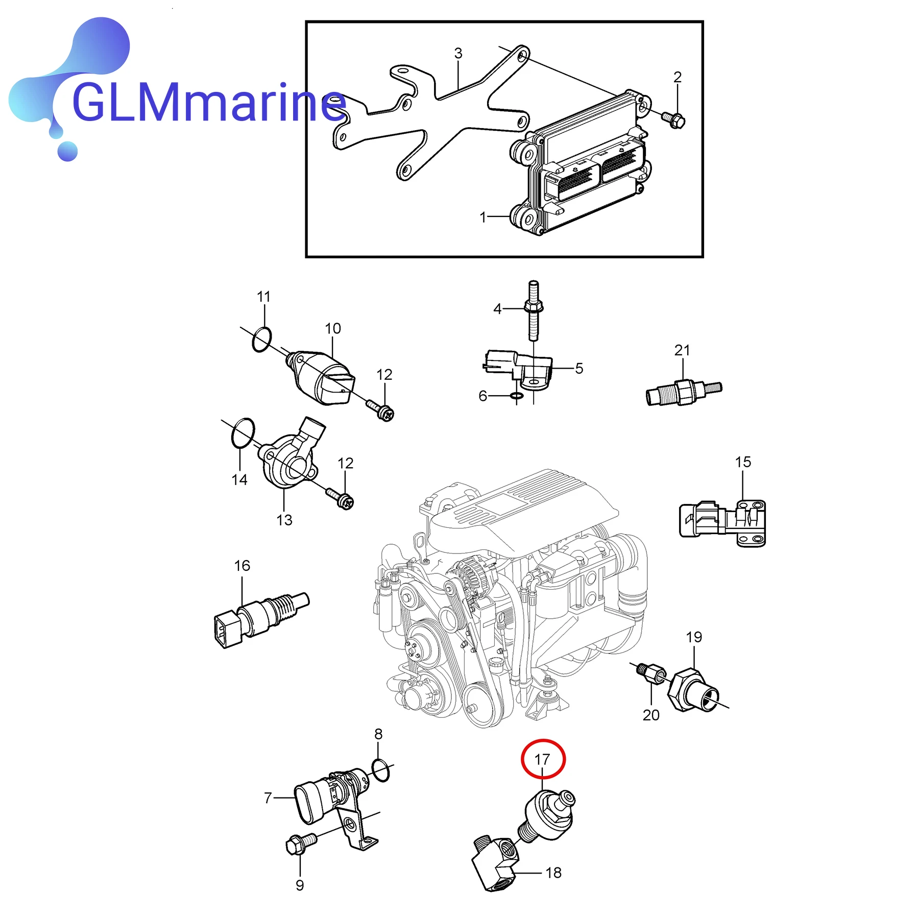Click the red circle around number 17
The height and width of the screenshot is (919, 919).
pos(543,759)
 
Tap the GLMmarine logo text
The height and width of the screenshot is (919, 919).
pos(208,104)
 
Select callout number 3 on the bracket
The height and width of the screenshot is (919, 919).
pos(458,53)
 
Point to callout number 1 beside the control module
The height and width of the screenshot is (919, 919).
pos(482,217)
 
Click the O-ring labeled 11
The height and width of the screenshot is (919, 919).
pos(261,340)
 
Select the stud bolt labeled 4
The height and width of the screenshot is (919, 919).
pos(533,310)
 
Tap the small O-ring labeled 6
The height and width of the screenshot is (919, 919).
pos(516,396)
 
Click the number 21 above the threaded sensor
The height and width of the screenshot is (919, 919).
pos(682,350)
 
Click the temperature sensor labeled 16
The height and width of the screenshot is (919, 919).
pos(260,618)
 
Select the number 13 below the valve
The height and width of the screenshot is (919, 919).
pos(284,520)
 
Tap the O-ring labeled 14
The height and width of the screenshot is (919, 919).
pos(243,433)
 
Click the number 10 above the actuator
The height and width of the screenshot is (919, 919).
pos(332,328)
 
